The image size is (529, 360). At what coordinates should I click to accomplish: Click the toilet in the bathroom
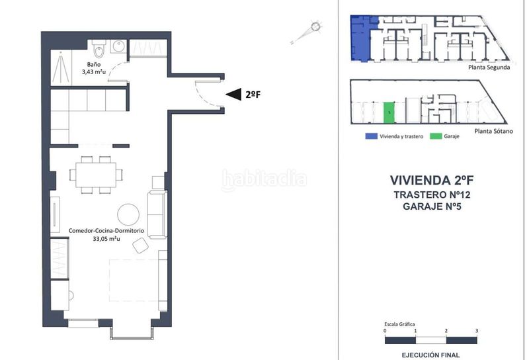(99, 48)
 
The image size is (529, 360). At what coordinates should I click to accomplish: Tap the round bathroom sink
(118, 46)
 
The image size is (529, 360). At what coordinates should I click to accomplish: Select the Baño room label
(94, 64)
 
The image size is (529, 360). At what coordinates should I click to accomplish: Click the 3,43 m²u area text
(93, 71)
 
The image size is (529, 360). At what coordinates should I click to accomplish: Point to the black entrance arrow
(233, 94)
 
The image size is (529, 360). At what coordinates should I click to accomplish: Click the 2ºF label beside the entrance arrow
(253, 95)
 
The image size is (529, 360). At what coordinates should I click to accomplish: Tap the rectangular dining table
(96, 175)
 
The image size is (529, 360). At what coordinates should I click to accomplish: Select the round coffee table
(128, 214)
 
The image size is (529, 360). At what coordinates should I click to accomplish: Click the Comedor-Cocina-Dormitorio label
(106, 231)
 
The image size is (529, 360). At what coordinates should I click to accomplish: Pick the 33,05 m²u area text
(106, 239)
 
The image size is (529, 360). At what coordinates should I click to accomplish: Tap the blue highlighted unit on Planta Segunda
(361, 38)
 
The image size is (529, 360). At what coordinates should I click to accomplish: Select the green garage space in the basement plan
(389, 112)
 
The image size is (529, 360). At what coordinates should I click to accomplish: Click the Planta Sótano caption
(493, 131)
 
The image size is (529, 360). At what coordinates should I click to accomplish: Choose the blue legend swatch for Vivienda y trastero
(371, 136)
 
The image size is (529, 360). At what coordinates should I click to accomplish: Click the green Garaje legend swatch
(436, 136)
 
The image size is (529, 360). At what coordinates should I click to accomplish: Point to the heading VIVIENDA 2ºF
(432, 181)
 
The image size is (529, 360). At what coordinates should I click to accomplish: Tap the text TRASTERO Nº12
(432, 195)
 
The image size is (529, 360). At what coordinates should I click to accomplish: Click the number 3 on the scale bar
(477, 331)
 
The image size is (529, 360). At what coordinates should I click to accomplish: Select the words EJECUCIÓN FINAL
(430, 355)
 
